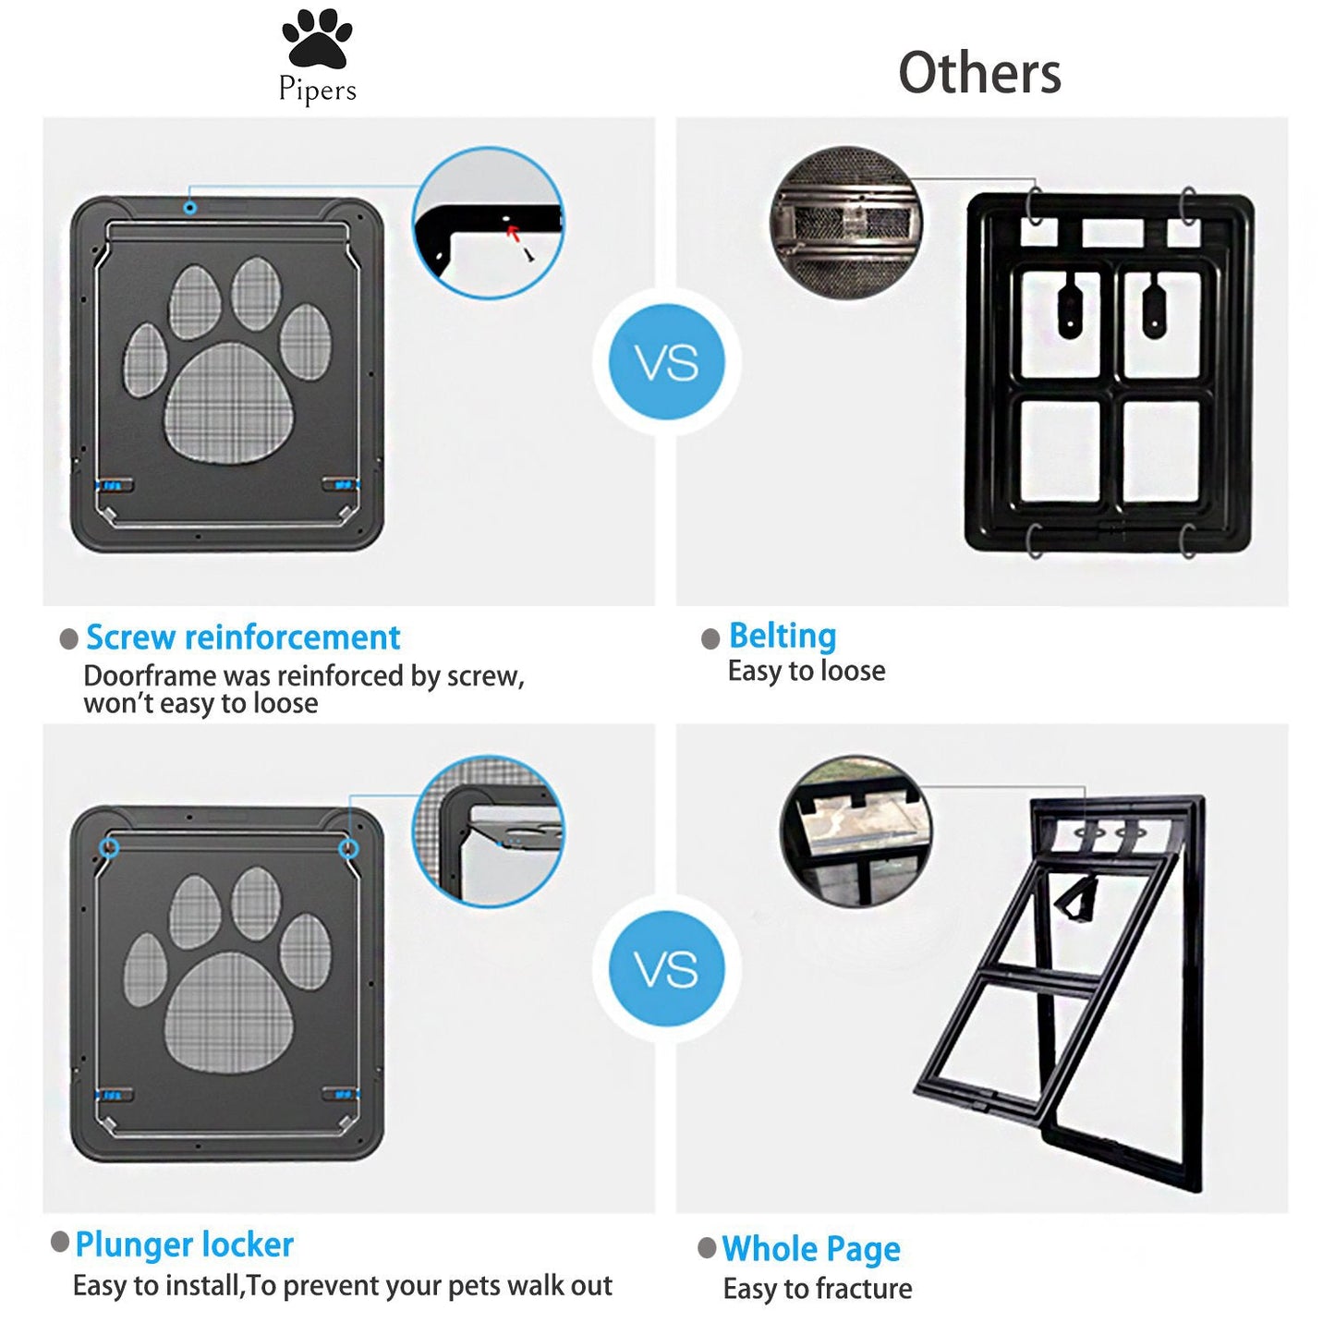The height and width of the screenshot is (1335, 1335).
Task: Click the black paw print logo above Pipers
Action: coord(317,39)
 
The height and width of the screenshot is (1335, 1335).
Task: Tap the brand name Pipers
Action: coord(317,90)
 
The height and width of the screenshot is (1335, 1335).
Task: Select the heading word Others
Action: coord(979,73)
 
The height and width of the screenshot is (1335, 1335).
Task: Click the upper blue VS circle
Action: coord(666,361)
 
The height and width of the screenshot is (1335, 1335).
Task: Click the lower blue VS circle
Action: coord(666,968)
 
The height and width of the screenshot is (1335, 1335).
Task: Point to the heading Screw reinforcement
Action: coord(243,637)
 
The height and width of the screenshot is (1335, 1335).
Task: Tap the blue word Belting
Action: coord(783,636)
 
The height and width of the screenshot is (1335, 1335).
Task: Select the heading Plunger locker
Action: coord(184,1245)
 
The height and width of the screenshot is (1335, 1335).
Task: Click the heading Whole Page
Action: coord(811,1249)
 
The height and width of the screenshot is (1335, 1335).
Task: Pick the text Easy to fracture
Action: coord(818,1289)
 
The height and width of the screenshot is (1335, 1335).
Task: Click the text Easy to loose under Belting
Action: coord(807,671)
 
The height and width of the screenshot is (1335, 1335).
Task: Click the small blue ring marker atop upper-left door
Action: coord(189,207)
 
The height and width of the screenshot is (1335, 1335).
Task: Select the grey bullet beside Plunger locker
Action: coord(60,1242)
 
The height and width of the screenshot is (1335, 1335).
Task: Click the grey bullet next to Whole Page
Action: coord(707,1248)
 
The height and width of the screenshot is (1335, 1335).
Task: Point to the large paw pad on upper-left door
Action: coord(228,403)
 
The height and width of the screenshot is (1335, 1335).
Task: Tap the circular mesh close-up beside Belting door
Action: coord(846,223)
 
